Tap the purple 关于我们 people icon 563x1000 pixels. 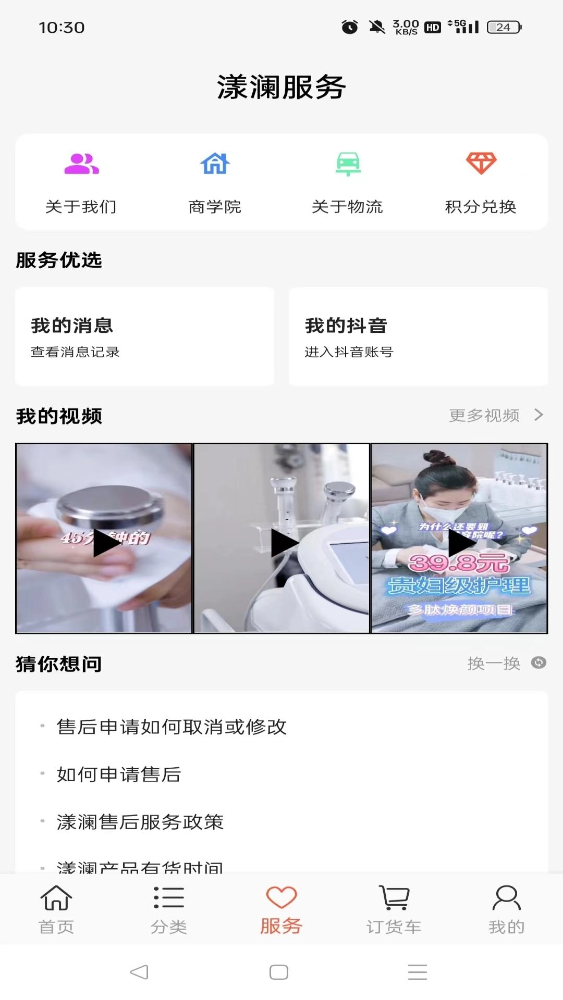(81, 164)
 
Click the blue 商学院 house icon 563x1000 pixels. (215, 164)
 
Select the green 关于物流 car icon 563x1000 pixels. (348, 164)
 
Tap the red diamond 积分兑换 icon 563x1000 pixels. (481, 164)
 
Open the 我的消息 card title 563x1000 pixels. (72, 326)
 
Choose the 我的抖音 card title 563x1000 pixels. (346, 326)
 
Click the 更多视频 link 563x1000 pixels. (485, 415)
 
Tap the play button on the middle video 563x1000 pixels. (284, 543)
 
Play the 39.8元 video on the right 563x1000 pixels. (461, 543)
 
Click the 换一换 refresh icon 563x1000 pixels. (538, 662)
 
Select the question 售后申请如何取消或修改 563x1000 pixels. (172, 727)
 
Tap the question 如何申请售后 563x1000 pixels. (119, 774)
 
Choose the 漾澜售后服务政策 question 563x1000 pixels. (140, 822)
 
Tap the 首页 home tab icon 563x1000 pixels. (56, 898)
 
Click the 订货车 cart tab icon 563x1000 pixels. (394, 898)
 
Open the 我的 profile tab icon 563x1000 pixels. (506, 898)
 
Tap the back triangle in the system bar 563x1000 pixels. (139, 972)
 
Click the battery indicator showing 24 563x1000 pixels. (504, 27)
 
